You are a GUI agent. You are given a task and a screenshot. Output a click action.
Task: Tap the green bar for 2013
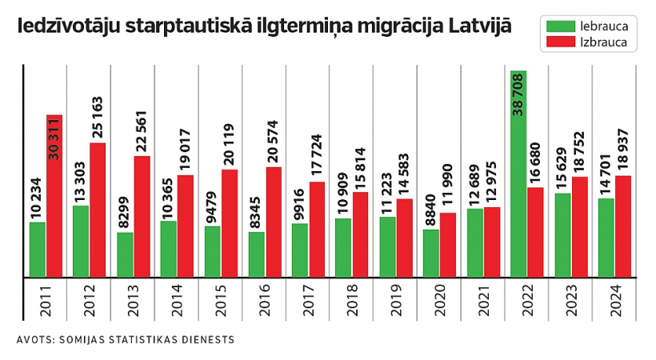tap(125, 255)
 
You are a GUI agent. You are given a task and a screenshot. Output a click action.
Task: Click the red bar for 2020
tap(448, 245)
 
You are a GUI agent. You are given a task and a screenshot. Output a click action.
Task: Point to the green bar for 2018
tap(343, 248)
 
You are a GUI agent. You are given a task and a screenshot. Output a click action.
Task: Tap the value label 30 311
tap(54, 141)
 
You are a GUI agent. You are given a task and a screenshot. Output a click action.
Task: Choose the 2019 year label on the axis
tap(396, 299)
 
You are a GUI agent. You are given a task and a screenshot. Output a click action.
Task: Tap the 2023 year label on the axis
tap(571, 299)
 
